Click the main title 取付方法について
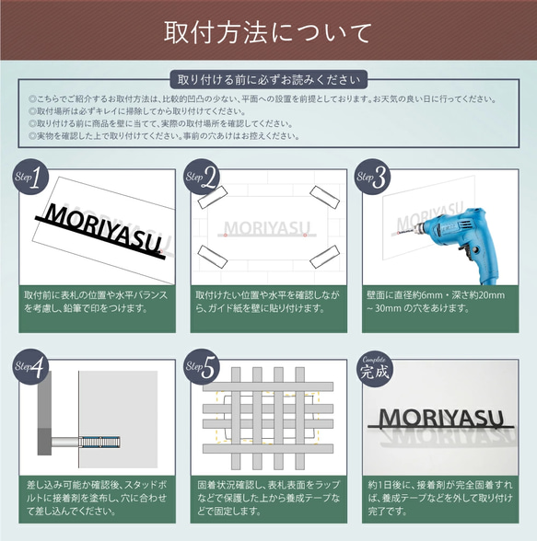pos(268,32)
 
